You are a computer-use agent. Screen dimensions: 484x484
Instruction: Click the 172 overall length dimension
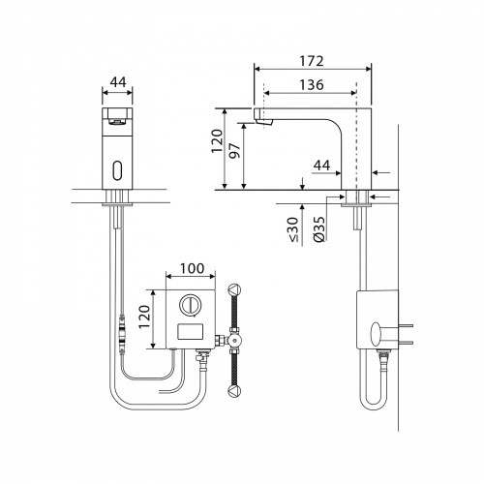312,61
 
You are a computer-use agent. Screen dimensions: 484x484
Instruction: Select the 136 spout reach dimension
312,85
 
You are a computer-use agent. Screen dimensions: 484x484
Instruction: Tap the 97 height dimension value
235,150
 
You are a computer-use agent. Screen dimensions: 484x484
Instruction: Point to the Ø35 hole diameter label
318,228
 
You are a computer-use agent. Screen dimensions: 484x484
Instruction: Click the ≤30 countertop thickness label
293,229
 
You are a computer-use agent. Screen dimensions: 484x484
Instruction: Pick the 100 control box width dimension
192,268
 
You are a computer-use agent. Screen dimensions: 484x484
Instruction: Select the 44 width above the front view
118,82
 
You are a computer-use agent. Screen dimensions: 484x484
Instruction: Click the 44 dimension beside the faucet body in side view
322,166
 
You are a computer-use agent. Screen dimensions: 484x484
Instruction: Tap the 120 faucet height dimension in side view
217,141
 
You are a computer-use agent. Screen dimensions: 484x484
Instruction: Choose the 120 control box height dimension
145,317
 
